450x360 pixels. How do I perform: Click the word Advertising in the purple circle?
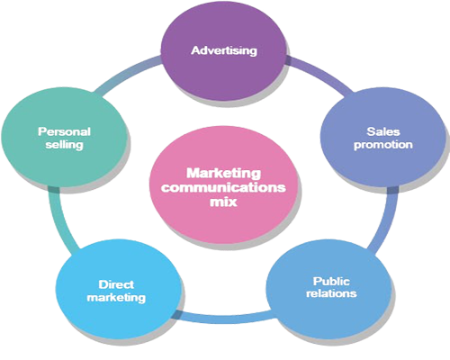224,50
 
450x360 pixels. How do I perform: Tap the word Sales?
383,131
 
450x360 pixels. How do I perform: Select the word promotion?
383,145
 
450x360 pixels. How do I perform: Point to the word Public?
331,282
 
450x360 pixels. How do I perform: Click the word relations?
331,293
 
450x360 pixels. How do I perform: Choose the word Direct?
116,284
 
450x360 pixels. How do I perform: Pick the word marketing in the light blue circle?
116,298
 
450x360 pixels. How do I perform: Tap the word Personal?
64,131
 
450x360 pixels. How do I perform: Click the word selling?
64,145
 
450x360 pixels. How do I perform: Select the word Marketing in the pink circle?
223,174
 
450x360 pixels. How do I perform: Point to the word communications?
223,187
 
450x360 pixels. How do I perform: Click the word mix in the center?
223,202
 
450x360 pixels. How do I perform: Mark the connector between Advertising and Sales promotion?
318,74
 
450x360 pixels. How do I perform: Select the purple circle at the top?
223,52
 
